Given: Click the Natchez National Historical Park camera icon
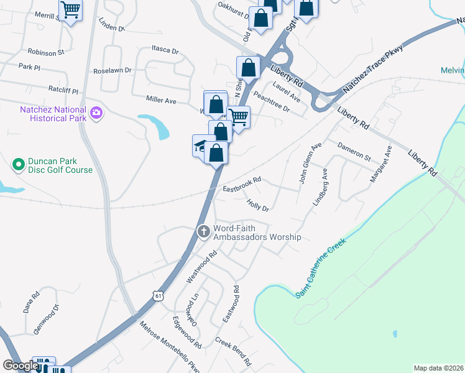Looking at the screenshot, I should tap(96, 113).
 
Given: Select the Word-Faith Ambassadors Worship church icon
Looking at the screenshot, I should tap(203, 232).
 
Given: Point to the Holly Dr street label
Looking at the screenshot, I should tap(257, 205).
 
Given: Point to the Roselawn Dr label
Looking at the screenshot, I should tap(112, 70).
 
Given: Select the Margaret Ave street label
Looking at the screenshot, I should tap(380, 164).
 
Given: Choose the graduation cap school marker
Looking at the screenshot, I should tap(201, 146).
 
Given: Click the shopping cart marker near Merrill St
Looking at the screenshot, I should tap(70, 10).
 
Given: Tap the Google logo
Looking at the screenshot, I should tap(20, 366).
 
